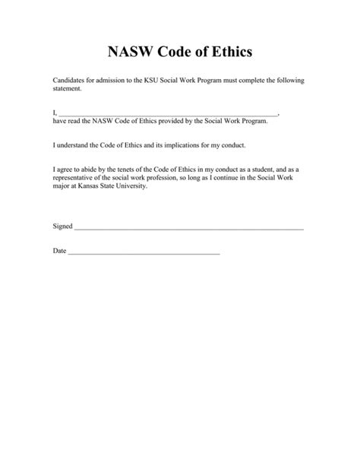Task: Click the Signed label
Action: [x=63, y=227]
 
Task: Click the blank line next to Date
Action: [x=144, y=252]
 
